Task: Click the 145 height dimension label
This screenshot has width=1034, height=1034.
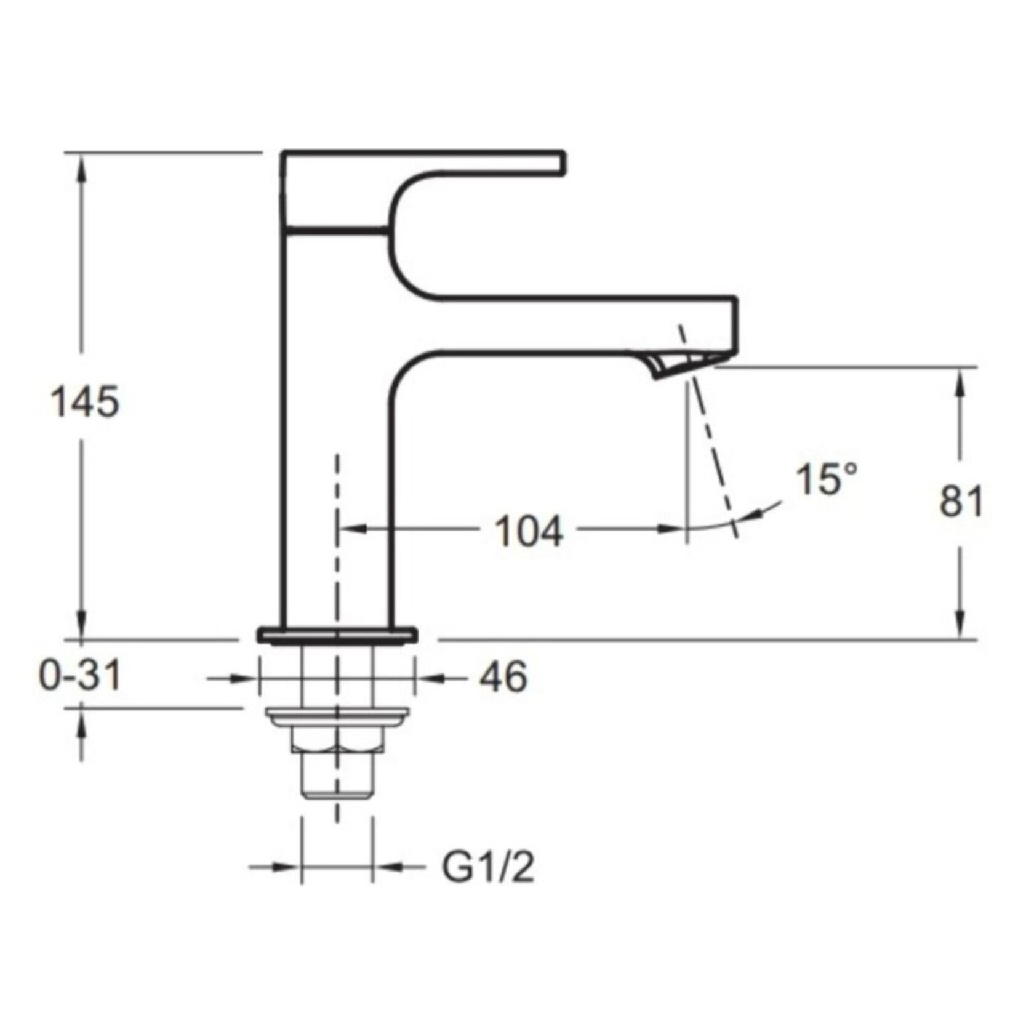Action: click(x=84, y=403)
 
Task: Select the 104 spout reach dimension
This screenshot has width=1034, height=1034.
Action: click(x=529, y=532)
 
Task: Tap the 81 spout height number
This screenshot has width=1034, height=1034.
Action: click(x=961, y=501)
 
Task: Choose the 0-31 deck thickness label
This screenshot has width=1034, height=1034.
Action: click(x=81, y=676)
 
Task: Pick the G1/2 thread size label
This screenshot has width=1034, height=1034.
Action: click(x=488, y=868)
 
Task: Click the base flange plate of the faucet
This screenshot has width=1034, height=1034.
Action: click(x=337, y=635)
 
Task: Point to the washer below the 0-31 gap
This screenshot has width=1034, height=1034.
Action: click(x=337, y=716)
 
